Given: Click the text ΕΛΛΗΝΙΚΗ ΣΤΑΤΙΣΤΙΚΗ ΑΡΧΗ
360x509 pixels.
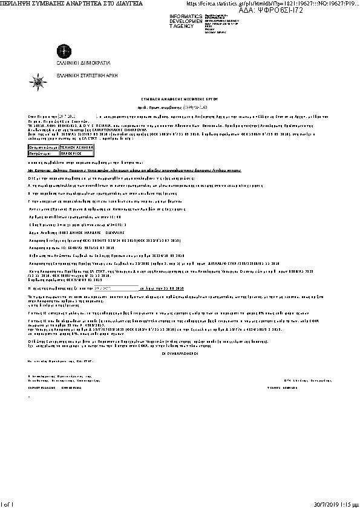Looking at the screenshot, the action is click(91, 75).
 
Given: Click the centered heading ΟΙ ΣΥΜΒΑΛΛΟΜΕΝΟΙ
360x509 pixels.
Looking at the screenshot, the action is click(179, 352).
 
